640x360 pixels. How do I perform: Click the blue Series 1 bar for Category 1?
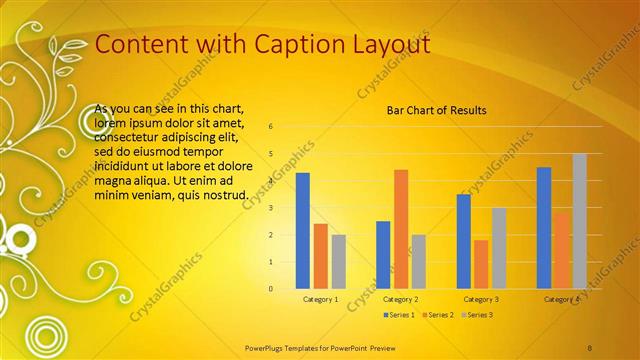pyautogui.click(x=302, y=231)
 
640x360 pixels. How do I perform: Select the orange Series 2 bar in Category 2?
pyautogui.click(x=400, y=229)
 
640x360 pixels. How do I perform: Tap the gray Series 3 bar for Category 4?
pyautogui.click(x=580, y=221)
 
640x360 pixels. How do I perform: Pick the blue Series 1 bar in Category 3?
pyautogui.click(x=463, y=241)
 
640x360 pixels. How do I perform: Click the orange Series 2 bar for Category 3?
pyautogui.click(x=481, y=264)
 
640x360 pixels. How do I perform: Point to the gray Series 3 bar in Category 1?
pyautogui.click(x=338, y=261)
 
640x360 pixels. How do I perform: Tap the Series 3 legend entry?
pyautogui.click(x=477, y=315)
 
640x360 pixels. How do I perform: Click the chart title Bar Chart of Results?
pyautogui.click(x=437, y=110)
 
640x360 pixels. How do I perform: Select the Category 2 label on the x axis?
pyautogui.click(x=400, y=299)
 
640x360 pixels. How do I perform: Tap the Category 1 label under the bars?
pyautogui.click(x=320, y=299)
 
